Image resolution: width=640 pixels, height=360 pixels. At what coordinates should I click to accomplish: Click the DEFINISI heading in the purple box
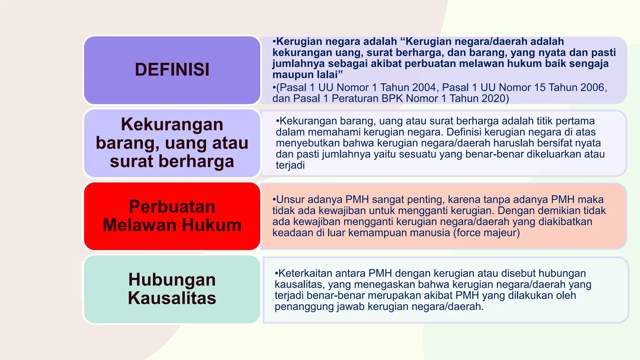point(172,69)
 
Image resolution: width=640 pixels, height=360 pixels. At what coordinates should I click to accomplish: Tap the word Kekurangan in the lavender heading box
point(172,124)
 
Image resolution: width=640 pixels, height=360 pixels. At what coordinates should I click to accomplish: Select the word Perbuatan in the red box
point(172,207)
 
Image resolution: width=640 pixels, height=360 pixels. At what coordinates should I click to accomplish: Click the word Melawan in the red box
point(140,225)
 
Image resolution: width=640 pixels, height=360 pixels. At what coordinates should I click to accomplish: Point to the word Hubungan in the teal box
point(172,279)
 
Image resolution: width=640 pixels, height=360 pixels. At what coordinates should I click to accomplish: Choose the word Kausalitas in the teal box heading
point(172,298)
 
